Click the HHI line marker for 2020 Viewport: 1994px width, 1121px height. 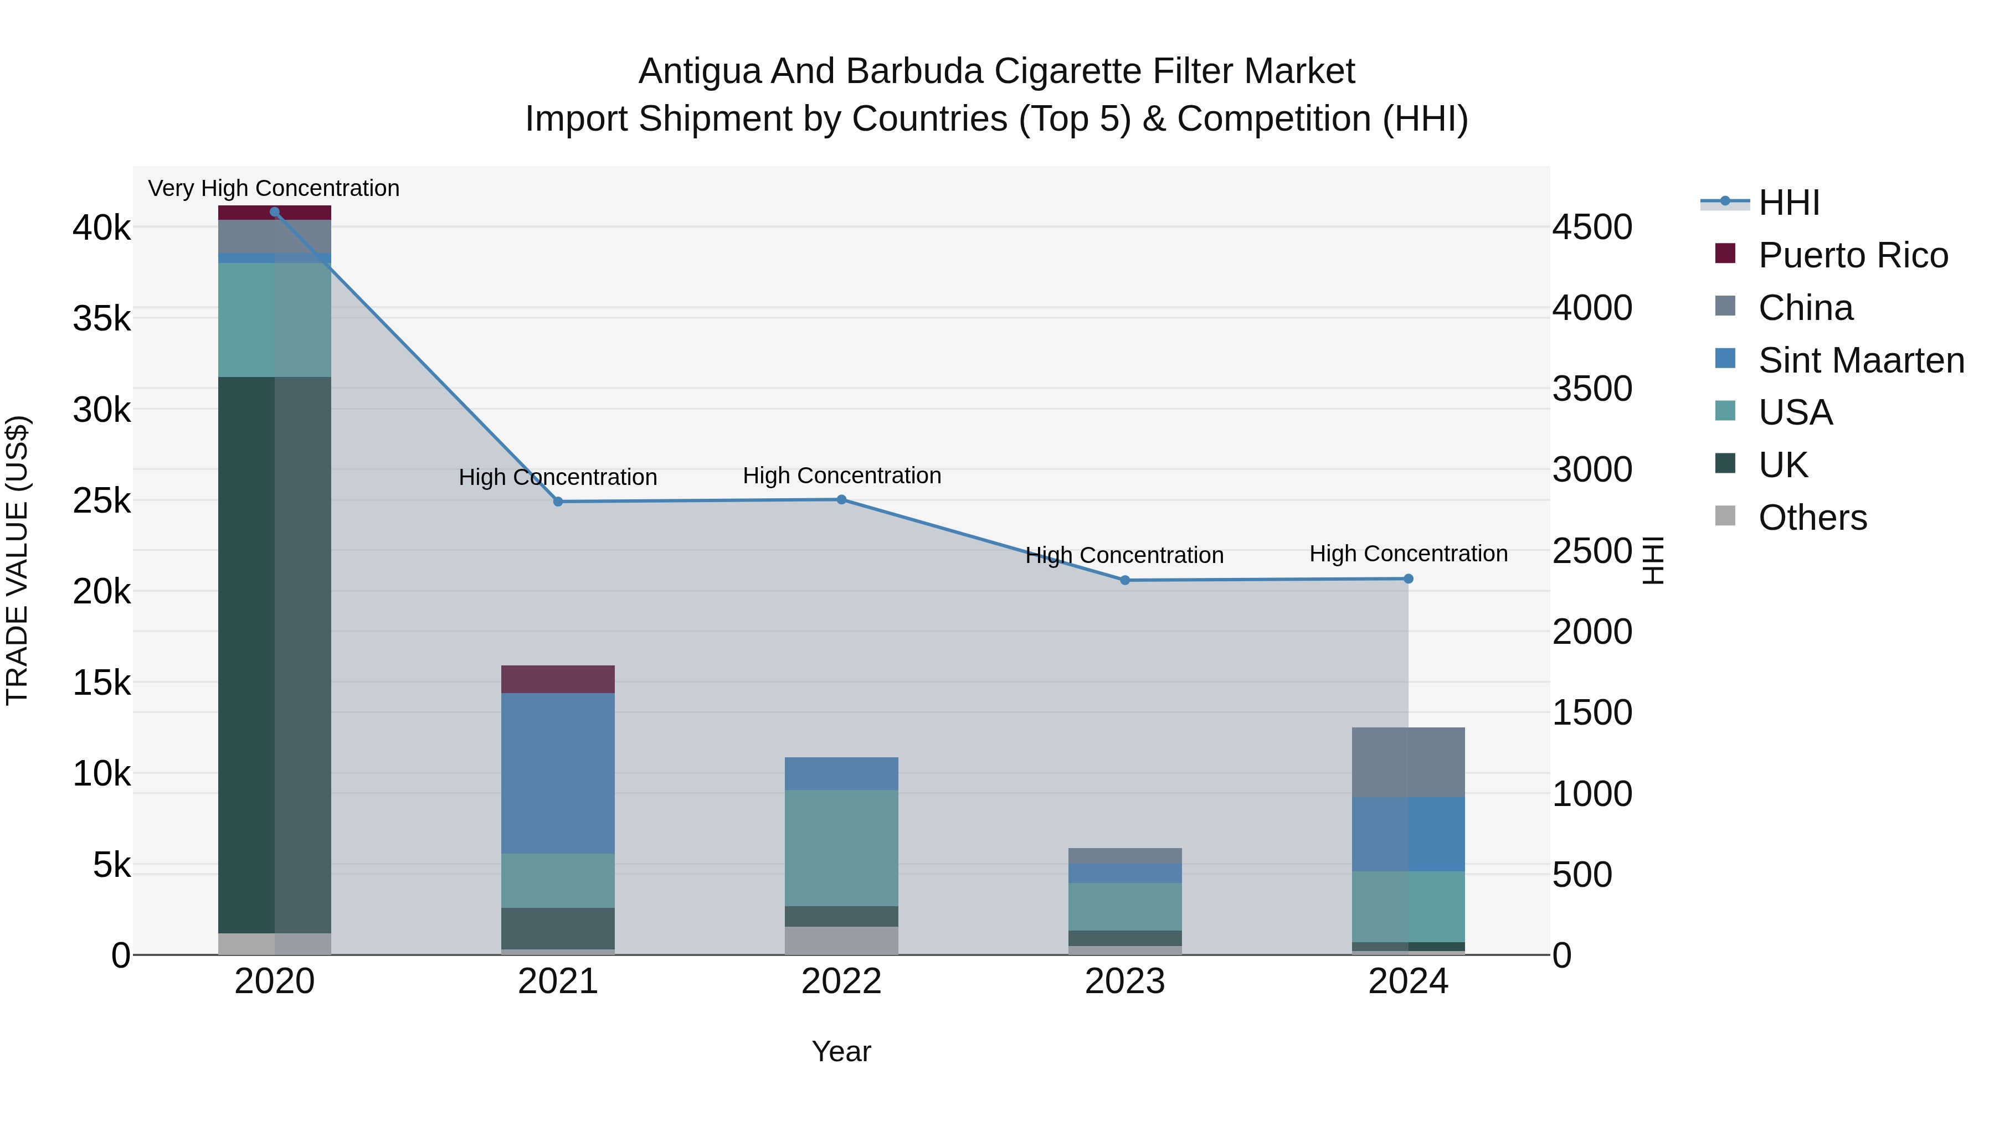274,212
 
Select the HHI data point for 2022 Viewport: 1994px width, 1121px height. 841,500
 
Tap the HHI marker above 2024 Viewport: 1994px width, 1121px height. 1408,578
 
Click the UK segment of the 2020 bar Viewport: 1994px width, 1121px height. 274,654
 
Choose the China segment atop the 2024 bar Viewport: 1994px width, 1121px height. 1408,762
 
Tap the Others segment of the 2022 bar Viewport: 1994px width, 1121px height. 841,940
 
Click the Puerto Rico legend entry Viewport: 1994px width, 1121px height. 1852,255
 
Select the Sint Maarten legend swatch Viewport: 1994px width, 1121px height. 1725,359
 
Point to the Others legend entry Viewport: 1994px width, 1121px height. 1812,518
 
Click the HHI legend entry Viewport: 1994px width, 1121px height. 1788,203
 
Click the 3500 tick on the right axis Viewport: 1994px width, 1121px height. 1592,389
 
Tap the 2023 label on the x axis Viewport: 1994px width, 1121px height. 1125,981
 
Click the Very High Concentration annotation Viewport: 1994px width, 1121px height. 274,188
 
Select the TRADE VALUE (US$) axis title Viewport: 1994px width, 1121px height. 18,560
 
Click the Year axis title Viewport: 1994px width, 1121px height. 841,1051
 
